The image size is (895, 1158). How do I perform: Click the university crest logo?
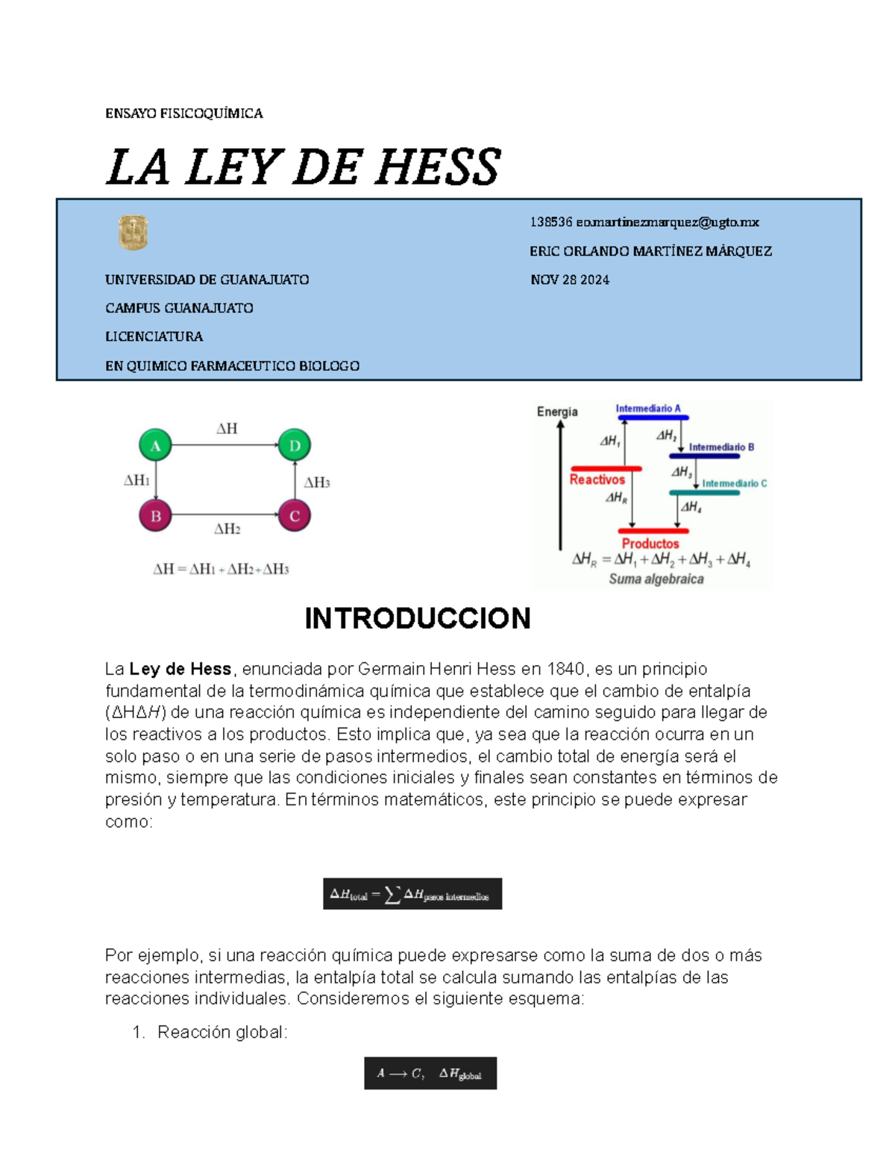(134, 233)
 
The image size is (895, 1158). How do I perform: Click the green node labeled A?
(155, 446)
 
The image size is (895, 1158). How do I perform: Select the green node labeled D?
(295, 446)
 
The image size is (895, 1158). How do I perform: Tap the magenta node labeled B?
(155, 515)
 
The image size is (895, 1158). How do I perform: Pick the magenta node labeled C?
(295, 515)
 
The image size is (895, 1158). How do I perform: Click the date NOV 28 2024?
(570, 280)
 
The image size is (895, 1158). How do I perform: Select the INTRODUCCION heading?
(417, 618)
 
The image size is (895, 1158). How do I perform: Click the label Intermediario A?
(647, 409)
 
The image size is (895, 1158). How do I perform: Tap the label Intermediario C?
(734, 483)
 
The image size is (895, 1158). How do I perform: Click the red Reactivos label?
(597, 479)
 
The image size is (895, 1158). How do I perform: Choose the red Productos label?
(650, 544)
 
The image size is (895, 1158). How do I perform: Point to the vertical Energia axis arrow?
(560, 485)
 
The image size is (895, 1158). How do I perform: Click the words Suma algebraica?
(656, 579)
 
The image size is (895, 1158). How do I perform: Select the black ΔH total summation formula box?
(412, 894)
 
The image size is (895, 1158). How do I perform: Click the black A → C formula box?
(430, 1074)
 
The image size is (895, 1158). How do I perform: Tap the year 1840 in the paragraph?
(566, 669)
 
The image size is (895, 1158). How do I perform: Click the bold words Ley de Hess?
(180, 669)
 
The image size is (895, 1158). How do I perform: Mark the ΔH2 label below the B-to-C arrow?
(227, 529)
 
